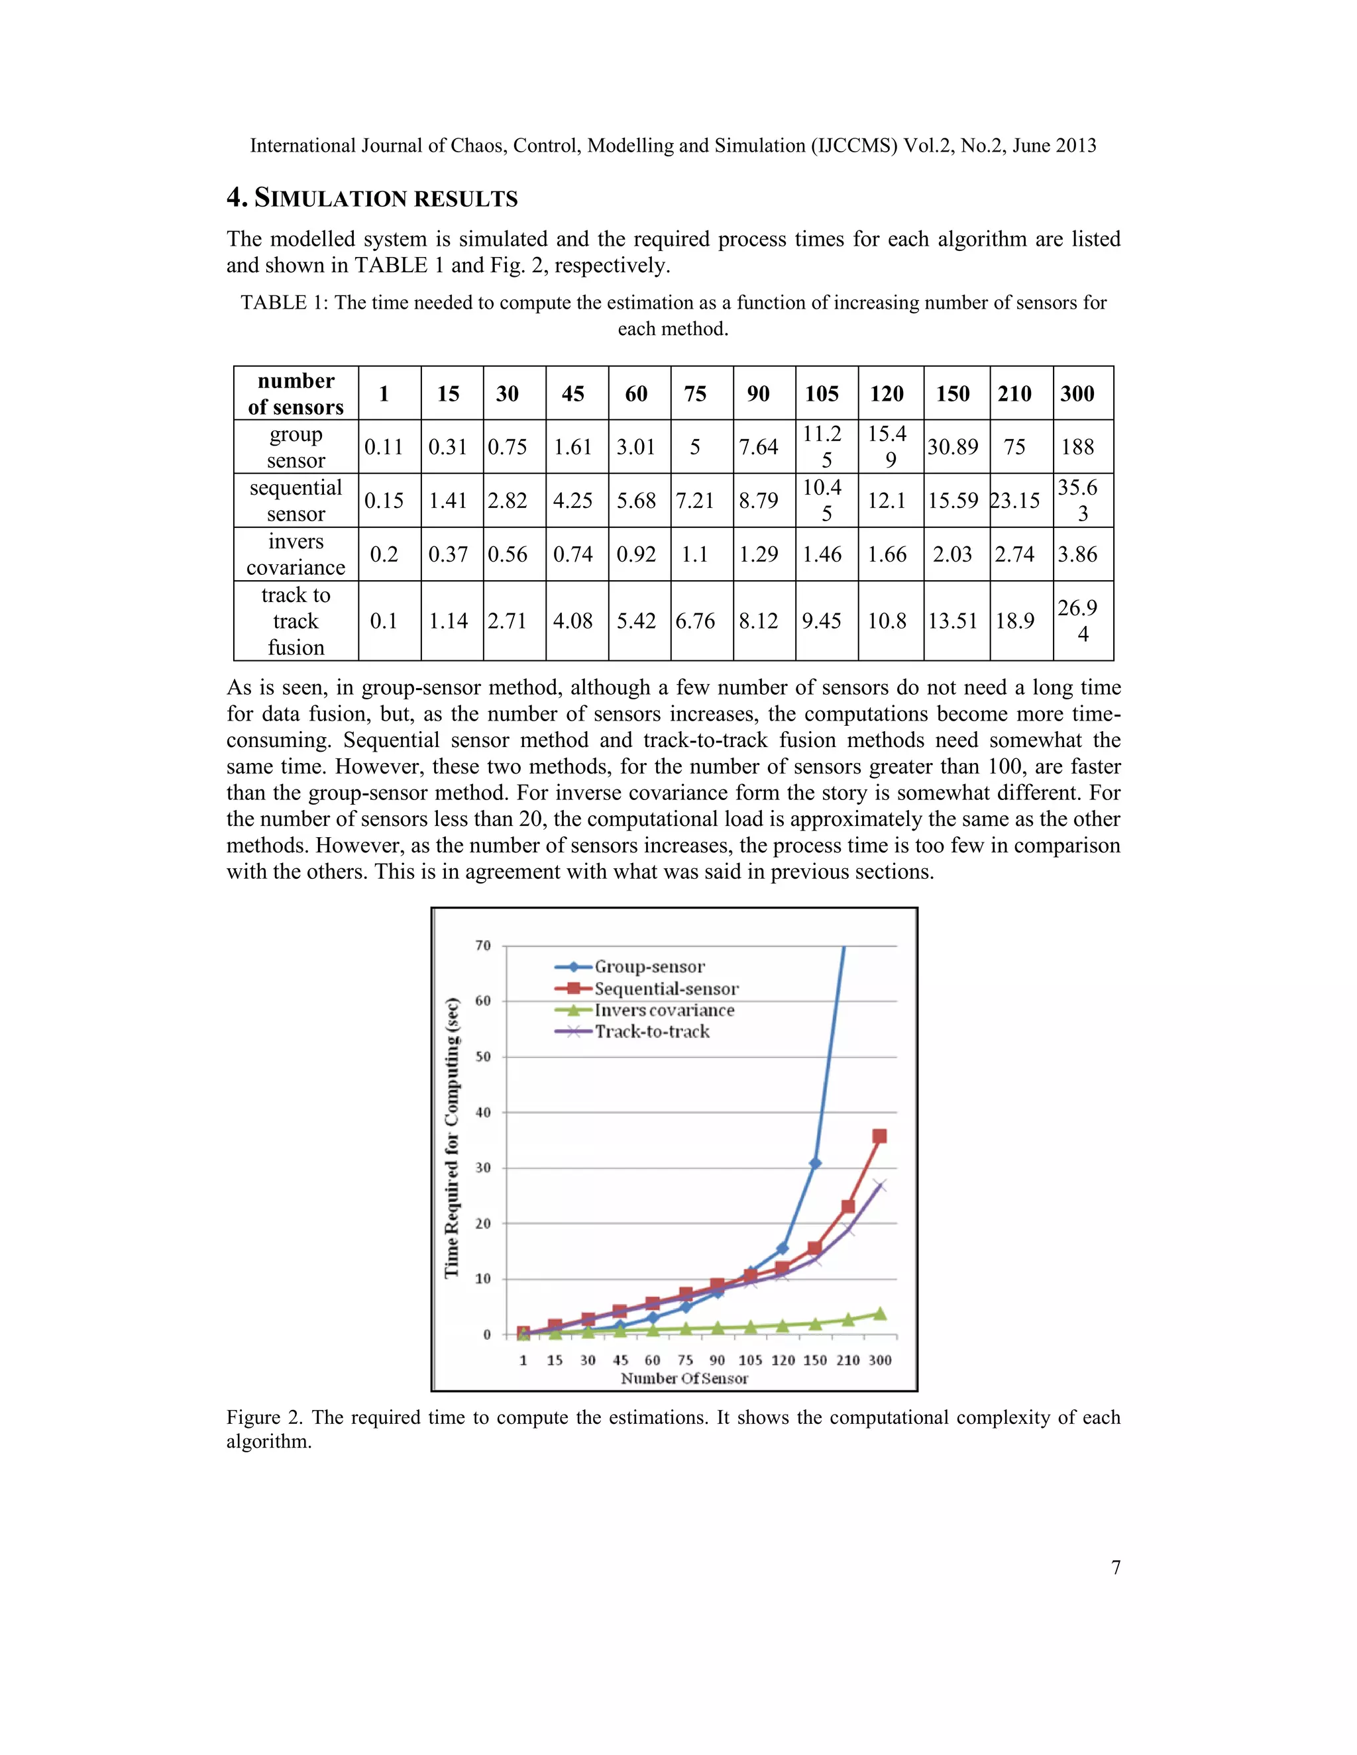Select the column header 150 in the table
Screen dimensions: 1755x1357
953,394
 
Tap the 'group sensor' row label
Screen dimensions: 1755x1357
296,447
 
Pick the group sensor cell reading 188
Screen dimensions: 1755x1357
1077,447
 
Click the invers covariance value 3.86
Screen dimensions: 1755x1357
1077,554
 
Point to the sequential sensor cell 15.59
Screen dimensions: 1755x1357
953,501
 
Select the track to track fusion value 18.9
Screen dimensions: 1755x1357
1014,621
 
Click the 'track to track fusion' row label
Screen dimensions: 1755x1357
296,621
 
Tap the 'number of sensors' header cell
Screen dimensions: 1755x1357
296,394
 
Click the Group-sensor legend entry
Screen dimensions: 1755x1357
649,967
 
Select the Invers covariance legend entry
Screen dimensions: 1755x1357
663,1010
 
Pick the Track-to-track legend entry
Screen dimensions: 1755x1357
651,1032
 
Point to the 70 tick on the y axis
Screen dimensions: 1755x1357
483,946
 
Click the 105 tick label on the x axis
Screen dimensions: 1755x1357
750,1360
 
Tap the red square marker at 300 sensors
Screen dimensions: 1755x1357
879,1136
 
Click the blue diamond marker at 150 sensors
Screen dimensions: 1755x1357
815,1164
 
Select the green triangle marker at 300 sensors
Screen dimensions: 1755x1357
879,1313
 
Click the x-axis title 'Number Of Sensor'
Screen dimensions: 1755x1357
684,1379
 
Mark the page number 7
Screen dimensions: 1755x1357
1115,1567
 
